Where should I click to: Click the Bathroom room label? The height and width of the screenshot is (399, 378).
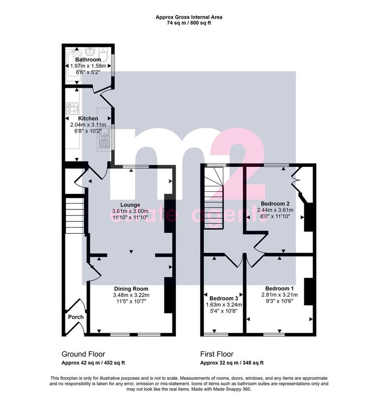point(88,60)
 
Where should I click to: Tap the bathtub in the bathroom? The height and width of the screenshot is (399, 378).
point(73,65)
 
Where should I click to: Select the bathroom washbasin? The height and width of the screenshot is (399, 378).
point(90,51)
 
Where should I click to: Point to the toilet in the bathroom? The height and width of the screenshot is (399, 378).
point(103,54)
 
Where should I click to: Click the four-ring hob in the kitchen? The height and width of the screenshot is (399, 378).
point(72,109)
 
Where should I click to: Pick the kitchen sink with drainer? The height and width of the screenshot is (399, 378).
point(104,138)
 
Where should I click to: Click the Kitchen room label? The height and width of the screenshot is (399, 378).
point(88,118)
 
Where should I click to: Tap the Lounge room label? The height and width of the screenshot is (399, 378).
point(130,205)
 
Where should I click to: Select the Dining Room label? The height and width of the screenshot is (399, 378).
point(131,289)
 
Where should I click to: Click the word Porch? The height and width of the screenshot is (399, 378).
point(76,317)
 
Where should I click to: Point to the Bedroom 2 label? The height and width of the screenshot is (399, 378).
point(275,204)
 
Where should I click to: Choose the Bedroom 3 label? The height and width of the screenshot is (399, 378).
point(224,298)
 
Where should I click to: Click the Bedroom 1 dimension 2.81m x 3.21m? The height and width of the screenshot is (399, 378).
point(279,295)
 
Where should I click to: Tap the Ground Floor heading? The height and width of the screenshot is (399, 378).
point(84,354)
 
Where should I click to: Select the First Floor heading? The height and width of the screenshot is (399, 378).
point(217,354)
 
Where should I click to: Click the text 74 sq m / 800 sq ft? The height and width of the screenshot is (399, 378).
point(189,23)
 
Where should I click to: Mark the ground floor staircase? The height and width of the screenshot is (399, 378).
point(75,216)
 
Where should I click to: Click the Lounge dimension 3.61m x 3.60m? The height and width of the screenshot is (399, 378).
point(130,211)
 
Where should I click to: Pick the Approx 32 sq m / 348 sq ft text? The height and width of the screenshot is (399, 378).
point(232,363)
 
